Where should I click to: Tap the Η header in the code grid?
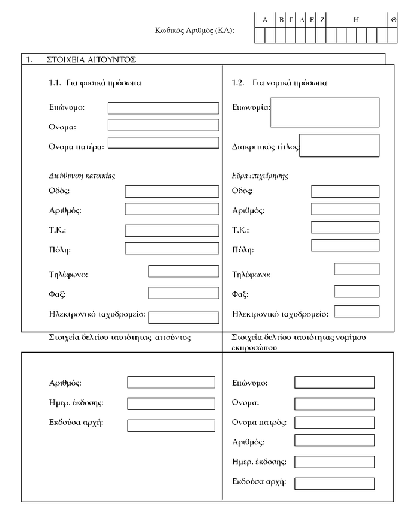[x=356, y=20]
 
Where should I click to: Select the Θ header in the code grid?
[x=393, y=20]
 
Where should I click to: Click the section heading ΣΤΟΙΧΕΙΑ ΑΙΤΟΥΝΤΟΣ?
[x=92, y=59]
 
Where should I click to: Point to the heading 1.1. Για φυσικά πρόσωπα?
[x=95, y=83]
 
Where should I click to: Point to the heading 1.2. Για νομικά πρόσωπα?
[x=279, y=83]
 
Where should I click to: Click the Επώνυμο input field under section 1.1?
[x=163, y=108]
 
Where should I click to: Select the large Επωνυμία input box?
[x=325, y=112]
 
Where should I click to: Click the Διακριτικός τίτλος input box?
[x=339, y=146]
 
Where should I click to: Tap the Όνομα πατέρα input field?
[x=163, y=143]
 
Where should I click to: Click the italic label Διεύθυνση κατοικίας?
[x=82, y=176]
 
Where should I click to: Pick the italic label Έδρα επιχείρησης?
[x=260, y=176]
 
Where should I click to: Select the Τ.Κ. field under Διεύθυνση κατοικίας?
[x=172, y=230]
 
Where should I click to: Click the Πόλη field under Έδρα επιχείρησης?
[x=345, y=245]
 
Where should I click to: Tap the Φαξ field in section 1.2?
[x=357, y=291]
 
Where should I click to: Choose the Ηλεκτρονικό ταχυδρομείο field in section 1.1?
[x=183, y=317]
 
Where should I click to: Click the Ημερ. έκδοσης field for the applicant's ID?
[x=171, y=403]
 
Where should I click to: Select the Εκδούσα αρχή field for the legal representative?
[x=334, y=483]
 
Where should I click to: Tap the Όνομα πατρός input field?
[x=334, y=423]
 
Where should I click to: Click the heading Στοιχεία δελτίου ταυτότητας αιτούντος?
[x=120, y=338]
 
